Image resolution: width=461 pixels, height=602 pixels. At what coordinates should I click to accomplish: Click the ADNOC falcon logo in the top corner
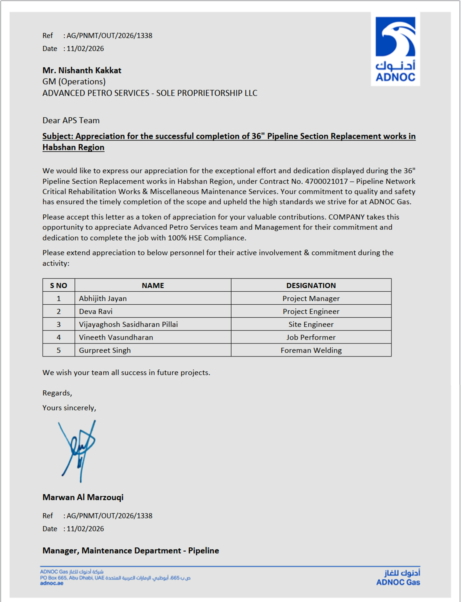(395, 49)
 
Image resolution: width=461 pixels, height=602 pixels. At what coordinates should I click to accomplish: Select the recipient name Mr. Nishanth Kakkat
(82, 70)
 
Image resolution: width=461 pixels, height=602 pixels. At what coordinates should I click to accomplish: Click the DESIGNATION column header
(311, 285)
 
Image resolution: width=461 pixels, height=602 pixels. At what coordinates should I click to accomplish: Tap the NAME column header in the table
(153, 285)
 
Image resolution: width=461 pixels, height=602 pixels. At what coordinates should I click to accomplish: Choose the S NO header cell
(58, 285)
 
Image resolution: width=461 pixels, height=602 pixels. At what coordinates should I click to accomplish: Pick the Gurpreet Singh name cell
(105, 350)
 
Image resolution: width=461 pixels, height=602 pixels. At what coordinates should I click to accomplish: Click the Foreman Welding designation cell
(311, 350)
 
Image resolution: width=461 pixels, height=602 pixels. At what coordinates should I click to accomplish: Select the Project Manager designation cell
(311, 298)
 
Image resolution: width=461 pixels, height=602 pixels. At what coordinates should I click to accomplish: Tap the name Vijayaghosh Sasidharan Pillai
(128, 324)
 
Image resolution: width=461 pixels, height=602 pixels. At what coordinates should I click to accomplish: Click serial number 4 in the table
(58, 337)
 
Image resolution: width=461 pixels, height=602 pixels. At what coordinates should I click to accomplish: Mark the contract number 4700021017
(326, 181)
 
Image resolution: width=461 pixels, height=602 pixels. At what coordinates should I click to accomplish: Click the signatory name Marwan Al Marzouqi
(83, 497)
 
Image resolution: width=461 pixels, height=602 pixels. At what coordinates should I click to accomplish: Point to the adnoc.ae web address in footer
(52, 583)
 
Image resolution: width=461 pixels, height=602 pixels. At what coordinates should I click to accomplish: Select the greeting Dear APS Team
(71, 120)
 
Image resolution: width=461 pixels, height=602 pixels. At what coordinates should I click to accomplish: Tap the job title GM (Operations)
(74, 82)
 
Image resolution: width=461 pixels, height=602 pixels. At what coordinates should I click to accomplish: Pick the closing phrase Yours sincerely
(69, 408)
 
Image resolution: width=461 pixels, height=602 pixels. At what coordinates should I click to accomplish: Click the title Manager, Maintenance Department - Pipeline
(131, 550)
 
